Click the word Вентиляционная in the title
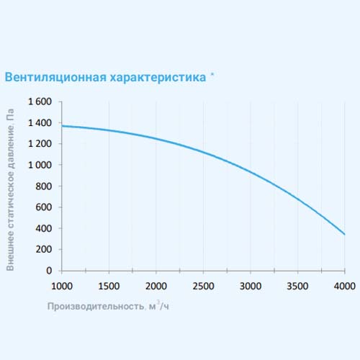55,78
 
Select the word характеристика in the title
158,78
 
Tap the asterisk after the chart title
212,74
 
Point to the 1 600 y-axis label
40,102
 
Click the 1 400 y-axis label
40,123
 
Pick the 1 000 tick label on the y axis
40,165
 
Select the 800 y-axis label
44,186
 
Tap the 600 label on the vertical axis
44,207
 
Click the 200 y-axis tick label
44,249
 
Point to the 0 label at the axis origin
49,271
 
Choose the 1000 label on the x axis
62,286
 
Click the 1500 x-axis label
109,286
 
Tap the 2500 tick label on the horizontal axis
203,286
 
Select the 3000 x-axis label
251,286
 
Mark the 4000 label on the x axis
345,286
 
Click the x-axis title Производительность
96,306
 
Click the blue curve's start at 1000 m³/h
62,126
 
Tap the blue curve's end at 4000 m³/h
345,234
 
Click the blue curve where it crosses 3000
251,172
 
